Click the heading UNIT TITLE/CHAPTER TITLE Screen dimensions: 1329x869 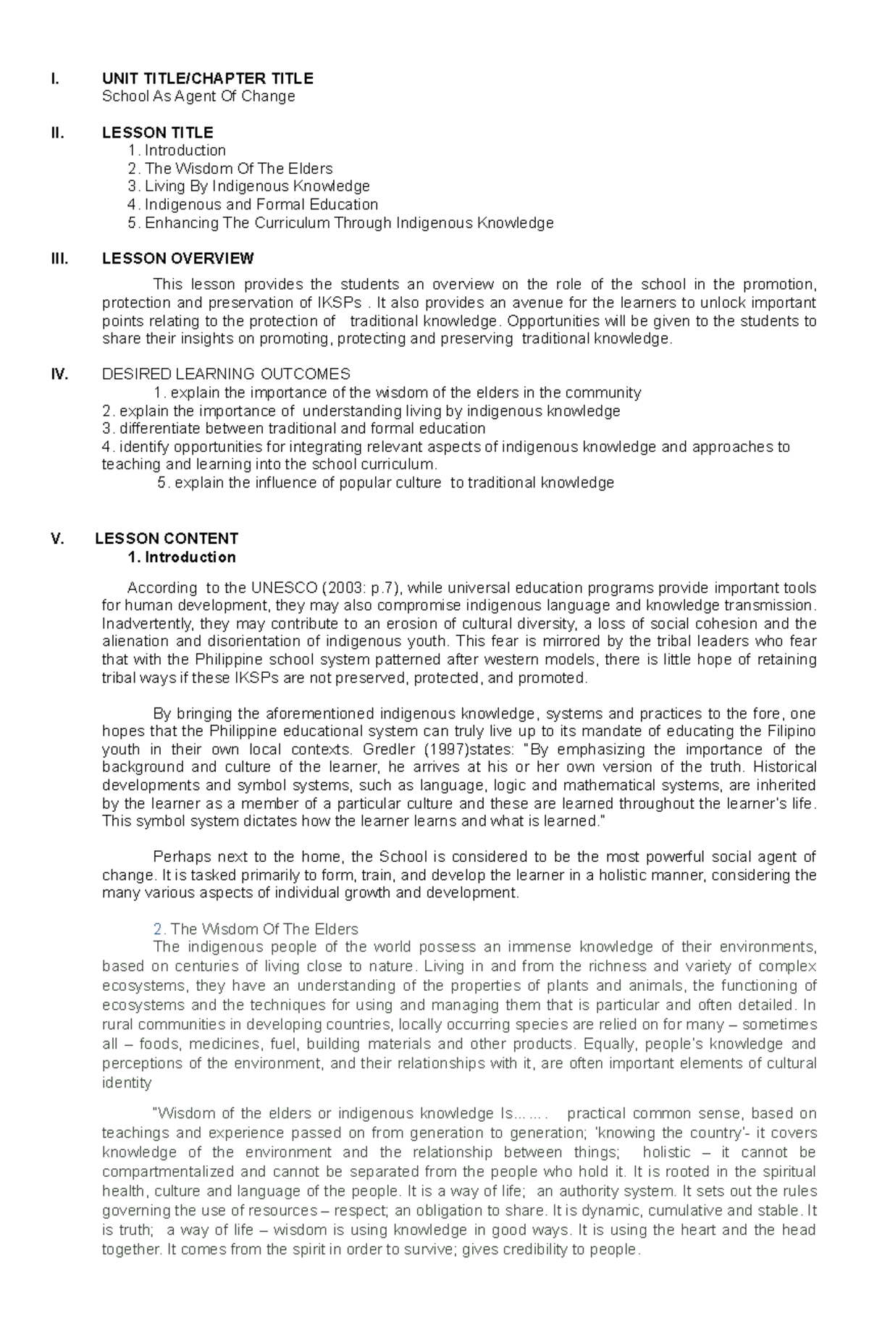point(207,78)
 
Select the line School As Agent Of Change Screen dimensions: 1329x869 point(198,96)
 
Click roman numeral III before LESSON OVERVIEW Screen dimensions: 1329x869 point(59,259)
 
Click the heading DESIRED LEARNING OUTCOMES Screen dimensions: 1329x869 point(226,374)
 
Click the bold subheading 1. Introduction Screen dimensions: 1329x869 point(181,558)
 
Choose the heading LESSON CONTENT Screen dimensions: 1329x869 point(167,539)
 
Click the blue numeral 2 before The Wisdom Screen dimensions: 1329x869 point(157,929)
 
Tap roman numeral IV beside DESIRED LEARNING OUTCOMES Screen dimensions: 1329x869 point(59,374)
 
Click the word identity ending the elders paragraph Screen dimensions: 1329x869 point(127,1083)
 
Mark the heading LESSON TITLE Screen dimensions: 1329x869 point(157,133)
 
